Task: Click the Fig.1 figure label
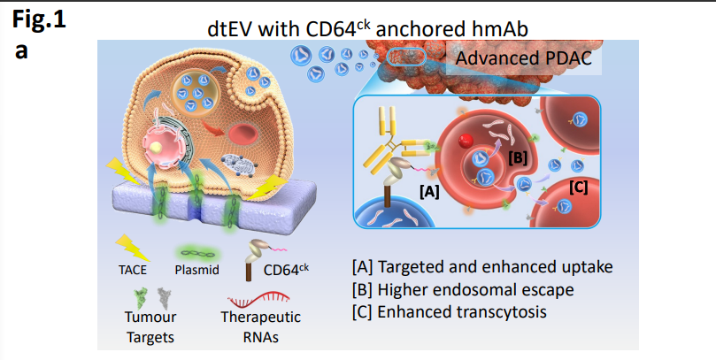[38, 19]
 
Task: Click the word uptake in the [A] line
[589, 266]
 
